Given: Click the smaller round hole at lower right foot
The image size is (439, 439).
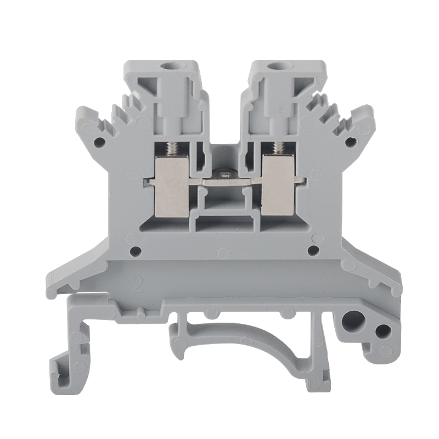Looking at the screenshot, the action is tap(383, 330).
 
